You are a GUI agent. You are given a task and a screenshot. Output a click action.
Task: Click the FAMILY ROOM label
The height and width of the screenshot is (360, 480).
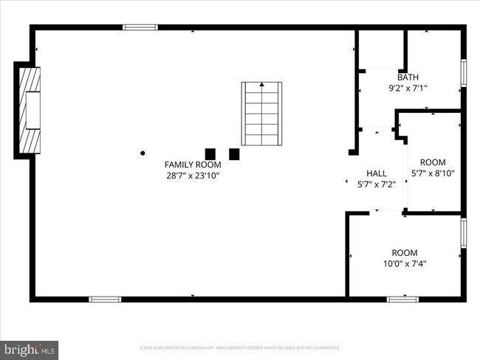(x=193, y=165)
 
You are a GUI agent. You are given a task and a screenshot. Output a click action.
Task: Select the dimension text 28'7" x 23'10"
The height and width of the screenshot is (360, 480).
(x=193, y=176)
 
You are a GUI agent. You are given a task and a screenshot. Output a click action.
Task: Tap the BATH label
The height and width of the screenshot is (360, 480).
(x=408, y=77)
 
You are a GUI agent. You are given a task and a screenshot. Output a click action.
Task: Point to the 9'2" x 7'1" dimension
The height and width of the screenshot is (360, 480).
(x=408, y=88)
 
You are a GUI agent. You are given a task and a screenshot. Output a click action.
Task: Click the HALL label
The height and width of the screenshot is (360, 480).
(x=377, y=174)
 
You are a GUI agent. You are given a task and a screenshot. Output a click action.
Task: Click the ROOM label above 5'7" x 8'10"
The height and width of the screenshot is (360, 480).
(x=433, y=162)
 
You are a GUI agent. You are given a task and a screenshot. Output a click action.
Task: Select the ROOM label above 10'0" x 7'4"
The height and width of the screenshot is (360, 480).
(x=404, y=252)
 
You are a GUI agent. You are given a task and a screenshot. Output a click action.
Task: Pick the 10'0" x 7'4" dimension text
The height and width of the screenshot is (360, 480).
(x=404, y=263)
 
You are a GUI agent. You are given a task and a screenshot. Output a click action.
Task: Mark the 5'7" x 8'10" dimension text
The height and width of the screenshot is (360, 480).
(x=433, y=173)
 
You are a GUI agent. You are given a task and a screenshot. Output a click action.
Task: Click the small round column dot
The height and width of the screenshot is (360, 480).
(x=143, y=153)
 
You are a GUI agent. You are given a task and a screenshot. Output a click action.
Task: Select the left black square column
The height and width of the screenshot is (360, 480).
(x=210, y=154)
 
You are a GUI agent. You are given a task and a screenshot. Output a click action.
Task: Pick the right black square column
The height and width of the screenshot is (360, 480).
(x=234, y=154)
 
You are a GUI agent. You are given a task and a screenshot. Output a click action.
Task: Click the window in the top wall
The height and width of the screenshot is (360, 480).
(x=140, y=28)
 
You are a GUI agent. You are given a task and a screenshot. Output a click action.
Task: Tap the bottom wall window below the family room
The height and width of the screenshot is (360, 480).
(x=105, y=299)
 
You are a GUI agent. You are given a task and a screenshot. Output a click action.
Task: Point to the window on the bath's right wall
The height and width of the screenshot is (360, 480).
(x=464, y=72)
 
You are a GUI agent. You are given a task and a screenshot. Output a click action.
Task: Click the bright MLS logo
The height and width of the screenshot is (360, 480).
(x=30, y=347)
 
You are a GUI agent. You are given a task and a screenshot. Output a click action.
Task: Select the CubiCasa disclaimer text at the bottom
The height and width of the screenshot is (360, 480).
(x=240, y=347)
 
